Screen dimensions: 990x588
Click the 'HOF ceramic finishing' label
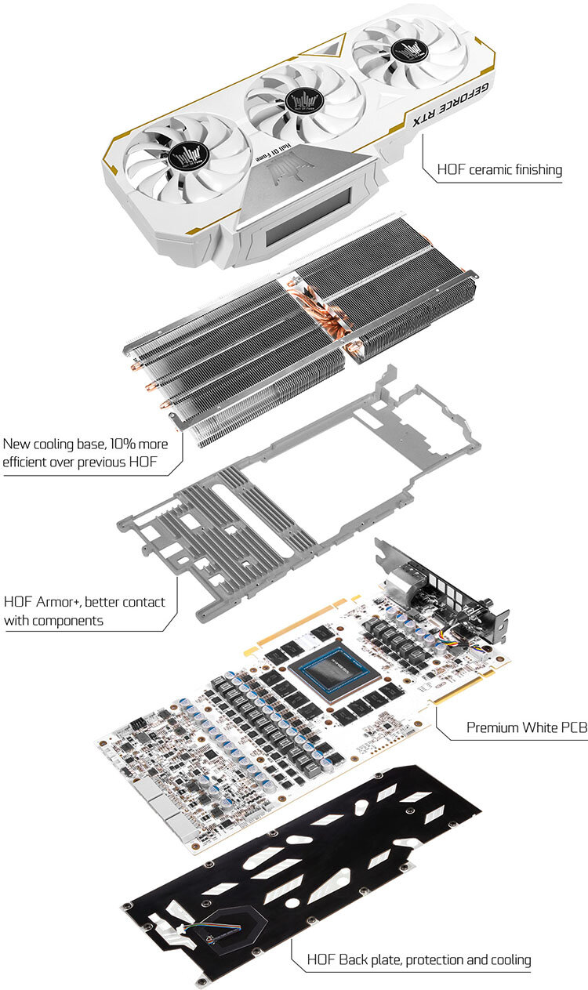pos(499,169)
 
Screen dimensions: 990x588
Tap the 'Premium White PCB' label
pos(526,727)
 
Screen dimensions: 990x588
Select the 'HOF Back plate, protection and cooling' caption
pos(419,959)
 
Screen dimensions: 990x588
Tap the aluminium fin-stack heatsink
pos(235,353)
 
